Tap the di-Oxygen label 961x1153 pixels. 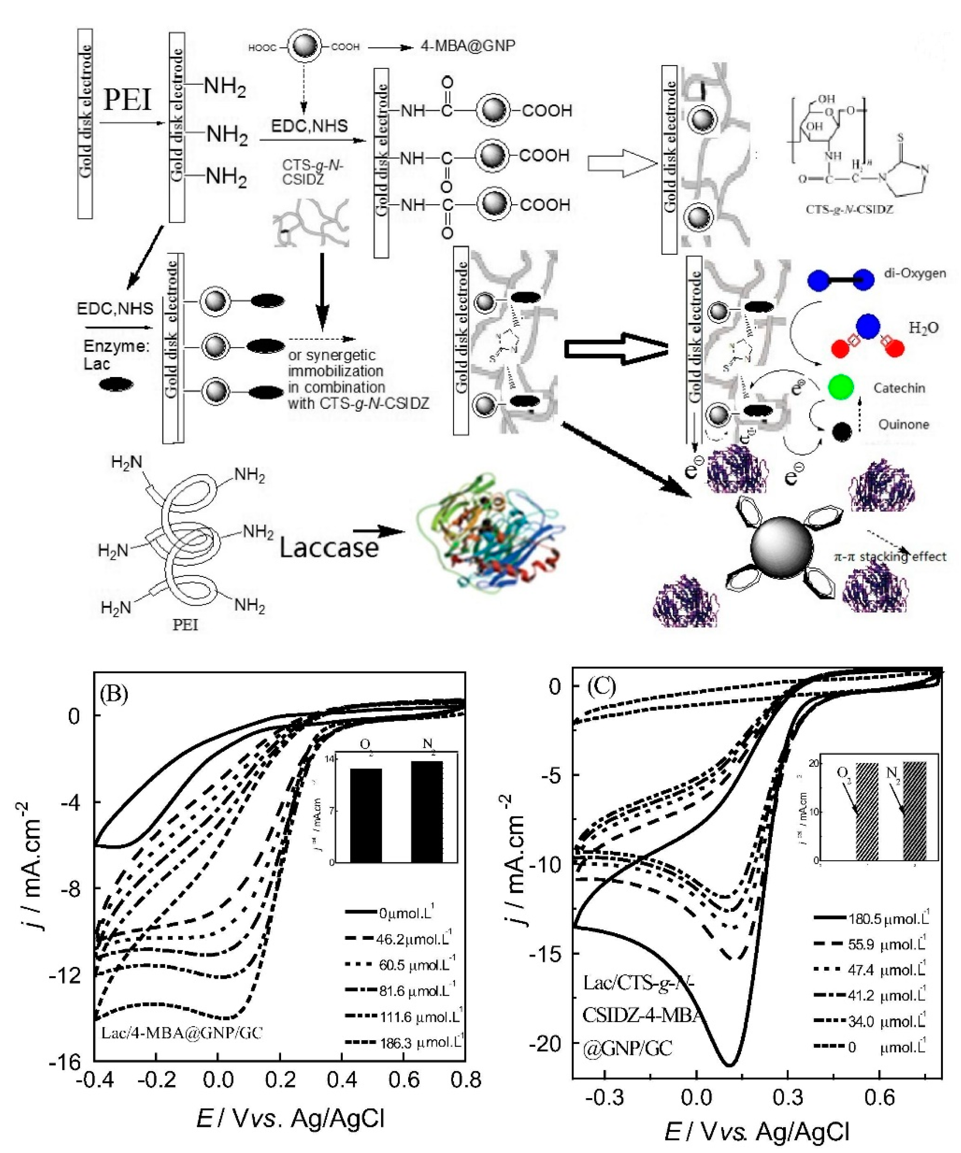(914, 273)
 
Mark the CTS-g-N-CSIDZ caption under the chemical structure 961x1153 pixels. (849, 209)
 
